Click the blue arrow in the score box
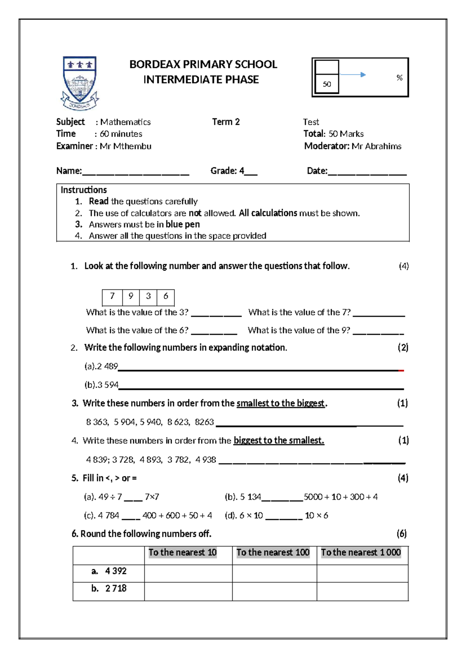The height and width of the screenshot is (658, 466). [x=353, y=74]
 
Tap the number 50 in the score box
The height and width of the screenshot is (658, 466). [x=327, y=84]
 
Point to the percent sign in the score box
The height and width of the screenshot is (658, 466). [x=399, y=78]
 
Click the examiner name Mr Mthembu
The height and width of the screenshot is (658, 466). [x=125, y=146]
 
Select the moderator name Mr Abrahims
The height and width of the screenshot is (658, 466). [x=376, y=146]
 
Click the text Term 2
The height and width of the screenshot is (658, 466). [x=226, y=122]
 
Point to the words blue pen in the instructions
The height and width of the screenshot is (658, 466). [x=183, y=224]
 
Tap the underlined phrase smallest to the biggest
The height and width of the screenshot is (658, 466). [x=280, y=403]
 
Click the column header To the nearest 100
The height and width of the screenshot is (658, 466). [x=273, y=552]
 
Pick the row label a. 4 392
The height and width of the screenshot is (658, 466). [x=109, y=571]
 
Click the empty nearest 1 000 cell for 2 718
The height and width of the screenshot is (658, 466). [x=362, y=591]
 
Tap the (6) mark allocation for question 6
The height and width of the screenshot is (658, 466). [x=402, y=534]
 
